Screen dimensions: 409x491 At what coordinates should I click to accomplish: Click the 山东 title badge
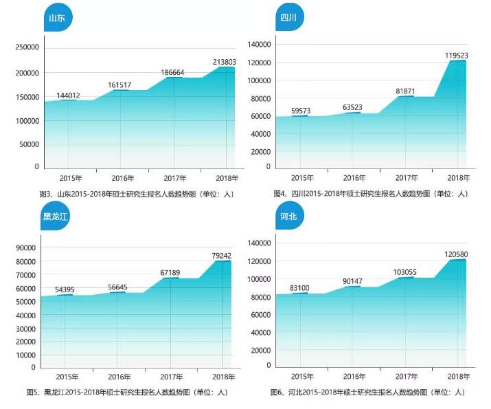click(x=57, y=18)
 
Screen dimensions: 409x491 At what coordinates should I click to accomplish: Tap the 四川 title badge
click(x=289, y=18)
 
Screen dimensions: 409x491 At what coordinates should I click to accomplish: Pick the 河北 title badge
click(x=289, y=217)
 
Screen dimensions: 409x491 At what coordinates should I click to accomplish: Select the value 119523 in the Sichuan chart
click(x=457, y=55)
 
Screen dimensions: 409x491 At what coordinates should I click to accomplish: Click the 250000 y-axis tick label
click(x=27, y=47)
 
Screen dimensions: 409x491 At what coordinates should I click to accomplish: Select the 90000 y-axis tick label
click(x=25, y=248)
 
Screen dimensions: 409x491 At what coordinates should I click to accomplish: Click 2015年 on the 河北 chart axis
click(x=302, y=377)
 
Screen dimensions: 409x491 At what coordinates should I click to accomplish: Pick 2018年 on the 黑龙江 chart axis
click(x=222, y=377)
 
